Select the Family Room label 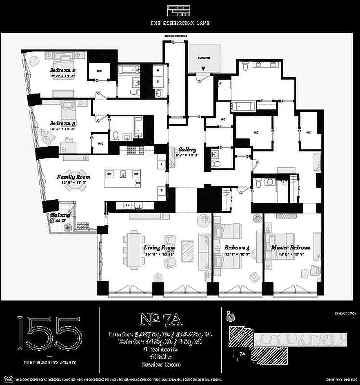point(73,177)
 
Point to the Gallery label point(187,150)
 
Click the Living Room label point(159,248)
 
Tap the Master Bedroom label point(291,248)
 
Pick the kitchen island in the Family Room point(123,178)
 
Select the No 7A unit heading point(161,319)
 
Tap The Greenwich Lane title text point(180,23)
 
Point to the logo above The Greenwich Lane point(180,11)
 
